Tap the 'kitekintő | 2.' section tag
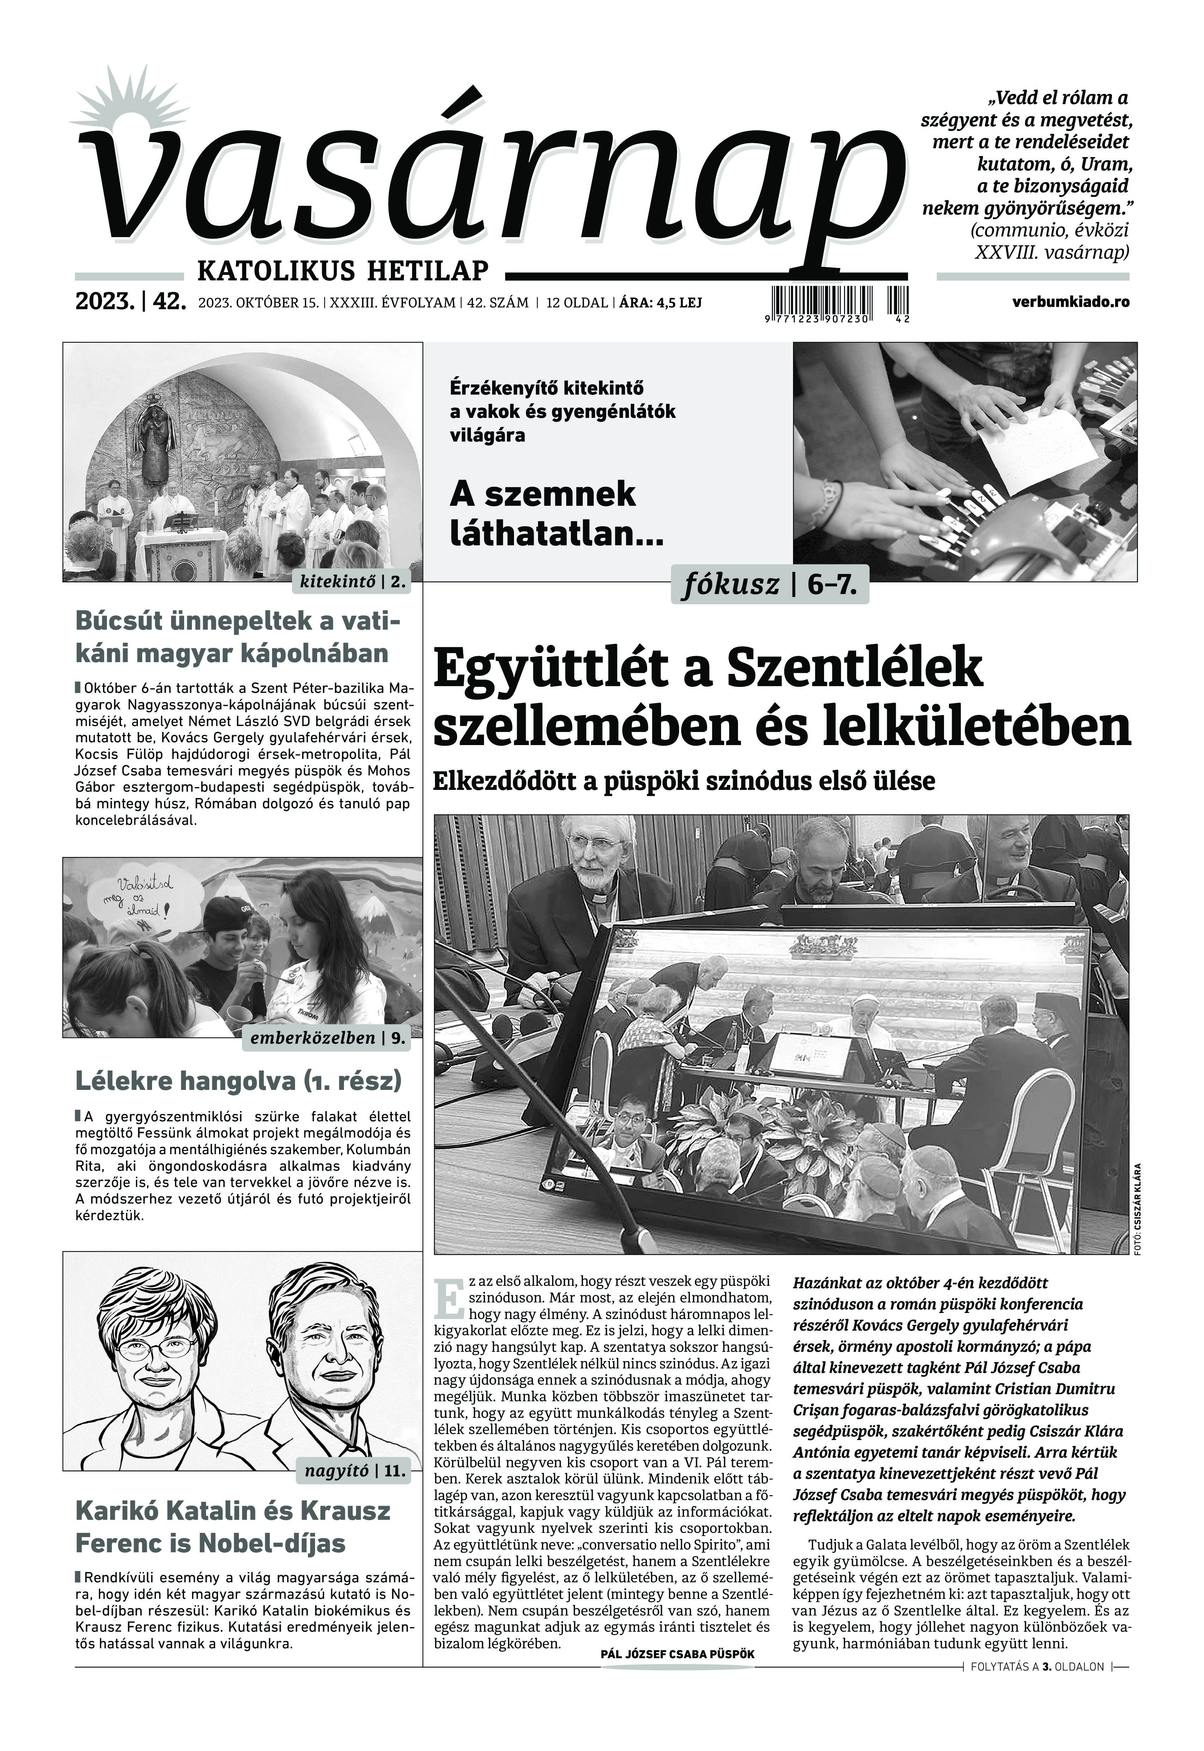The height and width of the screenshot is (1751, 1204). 353,581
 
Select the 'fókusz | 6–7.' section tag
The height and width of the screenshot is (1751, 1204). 769,585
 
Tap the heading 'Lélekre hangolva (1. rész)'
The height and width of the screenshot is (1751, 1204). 238,1081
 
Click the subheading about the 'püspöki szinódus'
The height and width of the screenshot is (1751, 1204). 683,781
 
